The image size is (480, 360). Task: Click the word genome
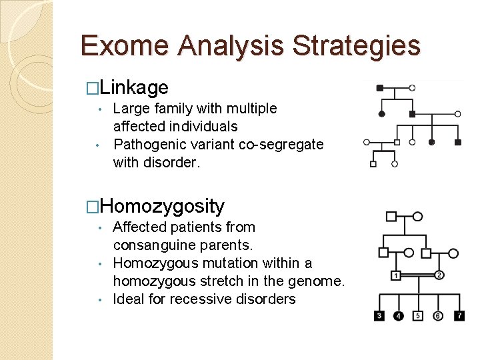(317, 281)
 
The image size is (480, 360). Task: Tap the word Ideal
(129, 299)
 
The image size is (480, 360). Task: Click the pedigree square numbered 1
(396, 275)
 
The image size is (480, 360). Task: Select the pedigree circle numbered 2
(439, 275)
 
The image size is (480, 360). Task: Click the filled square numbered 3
(379, 315)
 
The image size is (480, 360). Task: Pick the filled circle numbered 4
(399, 315)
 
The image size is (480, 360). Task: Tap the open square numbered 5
(418, 315)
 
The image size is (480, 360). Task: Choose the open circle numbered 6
(438, 315)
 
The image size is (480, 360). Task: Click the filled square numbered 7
(459, 315)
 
